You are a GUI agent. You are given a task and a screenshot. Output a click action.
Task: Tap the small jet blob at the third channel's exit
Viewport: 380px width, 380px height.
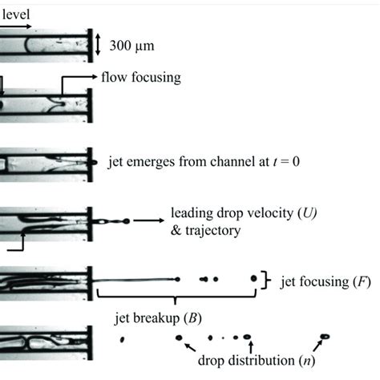(98, 161)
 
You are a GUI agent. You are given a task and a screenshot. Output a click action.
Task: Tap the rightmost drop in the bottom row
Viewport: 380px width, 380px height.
(325, 337)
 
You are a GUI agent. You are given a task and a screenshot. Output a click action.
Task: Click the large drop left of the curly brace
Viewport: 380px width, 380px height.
(254, 278)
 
